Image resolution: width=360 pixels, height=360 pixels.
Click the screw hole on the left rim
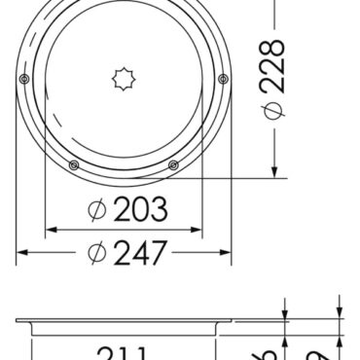(24, 78)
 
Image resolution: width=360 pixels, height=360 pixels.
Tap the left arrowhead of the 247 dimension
(22, 252)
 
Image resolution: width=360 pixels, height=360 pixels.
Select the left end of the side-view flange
(19, 319)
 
